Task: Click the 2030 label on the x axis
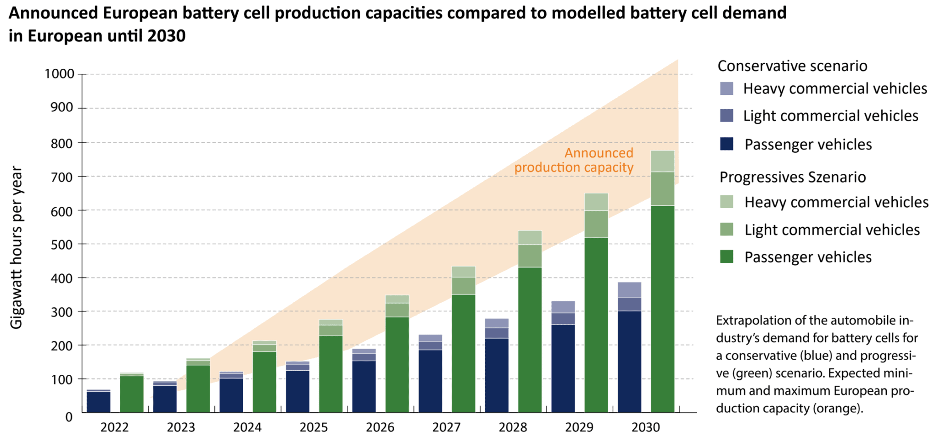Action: point(645,428)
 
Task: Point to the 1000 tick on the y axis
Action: point(59,74)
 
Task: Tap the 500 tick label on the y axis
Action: point(59,245)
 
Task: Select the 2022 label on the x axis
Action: point(114,428)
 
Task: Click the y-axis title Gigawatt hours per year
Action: point(17,248)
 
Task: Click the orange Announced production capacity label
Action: point(574,160)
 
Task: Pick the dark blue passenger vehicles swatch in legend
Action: point(727,144)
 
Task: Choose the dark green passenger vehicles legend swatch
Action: point(727,257)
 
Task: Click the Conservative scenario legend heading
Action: point(792,66)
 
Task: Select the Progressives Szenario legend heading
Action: point(793,178)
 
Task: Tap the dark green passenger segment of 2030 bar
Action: point(662,307)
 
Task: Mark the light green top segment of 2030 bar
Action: point(662,161)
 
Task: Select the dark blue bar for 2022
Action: point(98,402)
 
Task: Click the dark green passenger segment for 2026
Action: point(397,364)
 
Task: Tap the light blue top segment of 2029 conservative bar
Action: point(563,307)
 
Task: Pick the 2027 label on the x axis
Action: point(446,428)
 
